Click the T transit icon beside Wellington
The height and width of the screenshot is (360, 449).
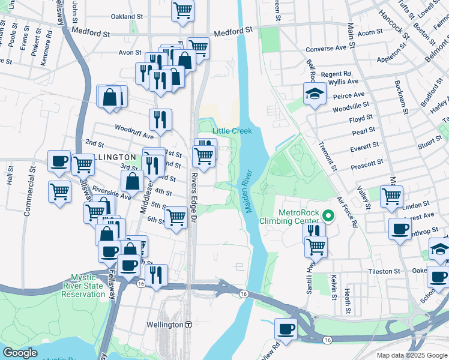click(x=188, y=325)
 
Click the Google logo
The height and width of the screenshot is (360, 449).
click(x=20, y=353)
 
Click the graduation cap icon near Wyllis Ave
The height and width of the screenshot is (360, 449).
click(x=314, y=94)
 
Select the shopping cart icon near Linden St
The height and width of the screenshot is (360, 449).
click(x=391, y=196)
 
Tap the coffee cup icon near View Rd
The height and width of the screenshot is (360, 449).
click(x=286, y=328)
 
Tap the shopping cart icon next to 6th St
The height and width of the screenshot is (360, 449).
click(x=176, y=217)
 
